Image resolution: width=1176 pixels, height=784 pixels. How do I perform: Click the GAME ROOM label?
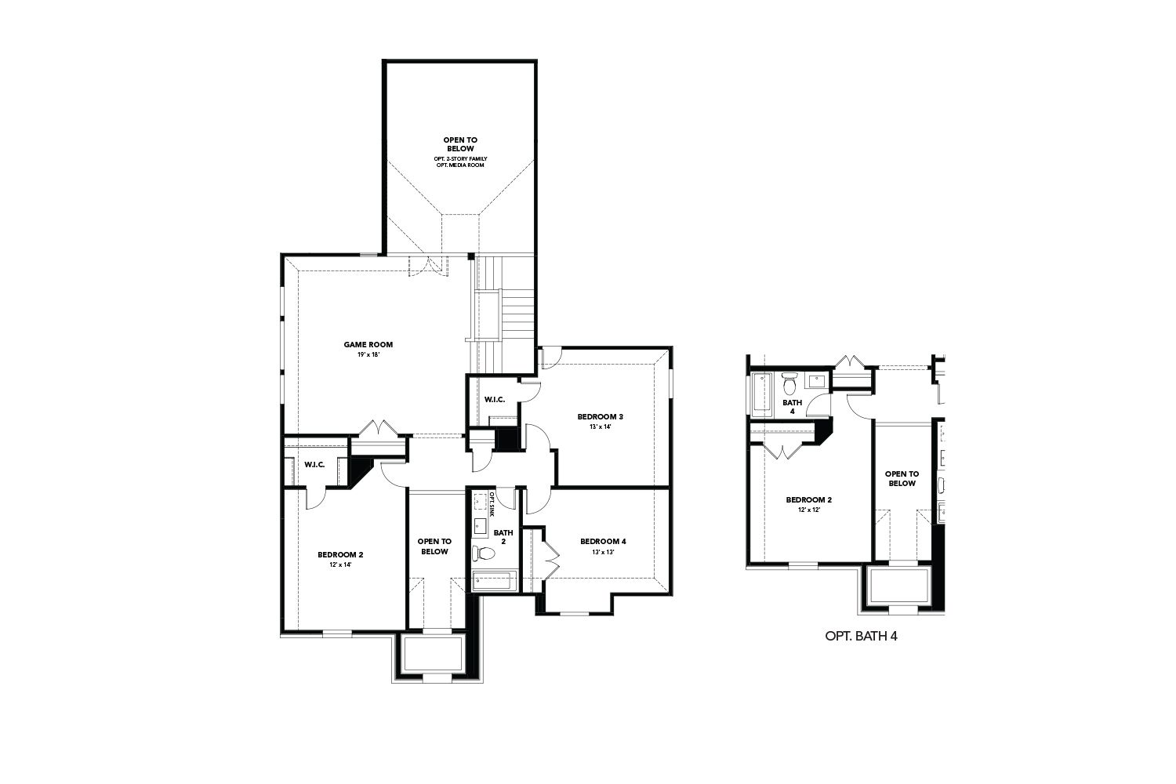pos(368,344)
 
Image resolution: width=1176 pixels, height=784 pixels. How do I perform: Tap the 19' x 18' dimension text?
pos(368,354)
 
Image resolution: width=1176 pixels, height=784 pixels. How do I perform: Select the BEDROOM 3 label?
pos(600,416)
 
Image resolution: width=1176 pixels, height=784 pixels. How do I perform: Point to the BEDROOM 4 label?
pos(603,542)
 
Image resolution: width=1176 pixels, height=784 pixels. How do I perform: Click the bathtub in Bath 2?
pos(492,581)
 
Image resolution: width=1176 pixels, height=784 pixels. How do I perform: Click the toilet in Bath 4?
pos(789,384)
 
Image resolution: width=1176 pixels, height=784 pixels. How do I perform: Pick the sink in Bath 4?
pos(816,382)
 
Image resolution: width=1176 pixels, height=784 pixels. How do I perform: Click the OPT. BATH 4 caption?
pos(861,637)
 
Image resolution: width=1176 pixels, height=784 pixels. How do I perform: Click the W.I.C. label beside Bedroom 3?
pos(494,400)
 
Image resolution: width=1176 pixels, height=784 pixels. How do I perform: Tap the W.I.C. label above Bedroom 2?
pos(314,465)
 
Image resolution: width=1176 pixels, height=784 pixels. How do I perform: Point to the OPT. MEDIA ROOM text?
pos(460,165)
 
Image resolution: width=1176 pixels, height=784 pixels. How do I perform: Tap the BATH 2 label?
pos(503,537)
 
